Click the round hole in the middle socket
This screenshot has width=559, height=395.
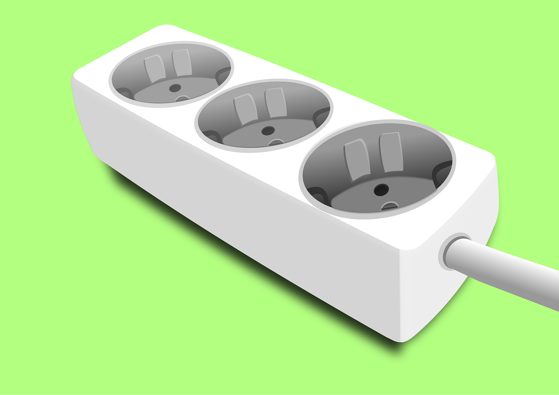coord(268,131)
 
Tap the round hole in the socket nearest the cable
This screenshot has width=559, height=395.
coord(381,190)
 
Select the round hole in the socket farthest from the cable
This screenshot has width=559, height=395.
coord(175,88)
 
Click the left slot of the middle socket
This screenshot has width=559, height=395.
coord(245,109)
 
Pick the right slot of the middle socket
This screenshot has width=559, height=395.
coord(276,103)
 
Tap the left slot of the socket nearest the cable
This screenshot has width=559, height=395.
coord(357,159)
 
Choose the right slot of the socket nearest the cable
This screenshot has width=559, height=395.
coord(391,152)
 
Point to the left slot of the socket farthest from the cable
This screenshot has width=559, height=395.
coord(155,68)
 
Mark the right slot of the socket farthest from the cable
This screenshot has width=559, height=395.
coord(182,62)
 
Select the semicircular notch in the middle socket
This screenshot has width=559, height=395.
coord(276,142)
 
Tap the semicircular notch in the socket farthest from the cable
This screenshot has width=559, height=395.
coord(183,99)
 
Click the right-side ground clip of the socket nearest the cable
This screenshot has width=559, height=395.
coord(442,172)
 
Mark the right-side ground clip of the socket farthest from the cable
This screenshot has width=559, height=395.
coord(223,75)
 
